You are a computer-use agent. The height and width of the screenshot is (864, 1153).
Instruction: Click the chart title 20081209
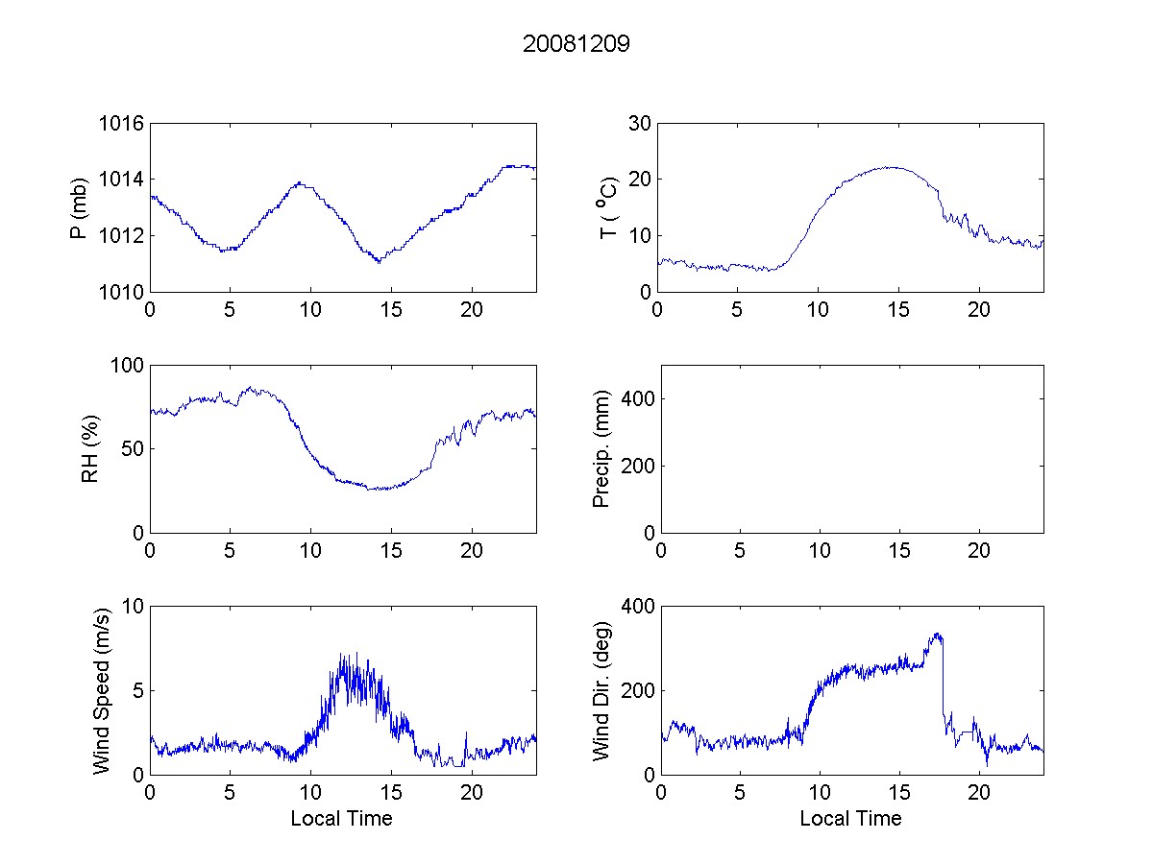point(576,44)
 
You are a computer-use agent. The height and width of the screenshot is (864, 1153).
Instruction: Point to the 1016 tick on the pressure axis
point(121,124)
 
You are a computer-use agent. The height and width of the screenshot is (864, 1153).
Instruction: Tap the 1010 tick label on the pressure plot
point(121,292)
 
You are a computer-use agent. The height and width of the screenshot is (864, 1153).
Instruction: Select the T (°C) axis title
point(607,207)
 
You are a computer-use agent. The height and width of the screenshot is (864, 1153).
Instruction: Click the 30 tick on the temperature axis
point(638,124)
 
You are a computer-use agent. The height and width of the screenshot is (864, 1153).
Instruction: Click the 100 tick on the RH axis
point(128,366)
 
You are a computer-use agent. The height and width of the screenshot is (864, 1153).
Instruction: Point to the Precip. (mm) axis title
point(602,449)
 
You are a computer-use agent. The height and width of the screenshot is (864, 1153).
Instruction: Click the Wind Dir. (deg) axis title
point(602,690)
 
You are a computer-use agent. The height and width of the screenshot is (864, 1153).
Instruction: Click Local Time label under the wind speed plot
point(341,819)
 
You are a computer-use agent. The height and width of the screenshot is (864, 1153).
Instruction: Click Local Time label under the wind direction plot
point(850,819)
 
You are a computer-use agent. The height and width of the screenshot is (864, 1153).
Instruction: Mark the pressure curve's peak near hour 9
point(300,182)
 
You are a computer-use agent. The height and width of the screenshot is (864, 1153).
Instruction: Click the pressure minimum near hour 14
point(379,261)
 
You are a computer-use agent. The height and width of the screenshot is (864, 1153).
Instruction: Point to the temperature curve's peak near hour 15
point(894,167)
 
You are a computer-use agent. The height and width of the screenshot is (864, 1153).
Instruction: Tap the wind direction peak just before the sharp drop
point(937,634)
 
